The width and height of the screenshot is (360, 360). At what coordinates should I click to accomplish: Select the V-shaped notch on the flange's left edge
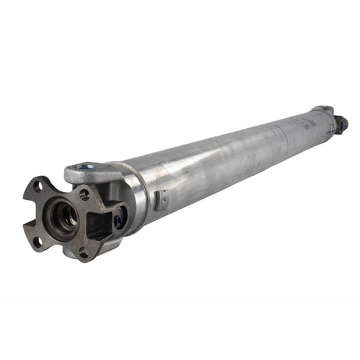click(26, 213)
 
